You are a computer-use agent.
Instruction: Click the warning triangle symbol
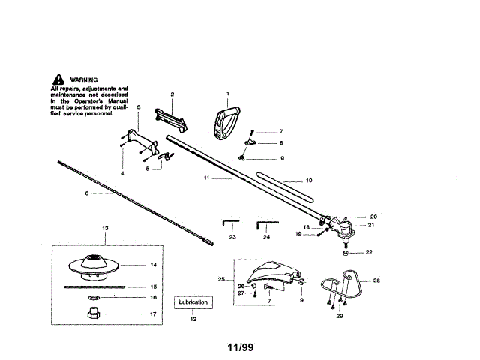coord(57,79)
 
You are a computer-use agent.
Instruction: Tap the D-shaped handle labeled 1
coord(226,121)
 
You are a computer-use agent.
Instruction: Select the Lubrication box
coord(193,302)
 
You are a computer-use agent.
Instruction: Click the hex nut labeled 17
coord(96,313)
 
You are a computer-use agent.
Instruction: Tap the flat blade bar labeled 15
coord(96,286)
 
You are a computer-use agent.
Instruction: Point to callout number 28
coord(377,280)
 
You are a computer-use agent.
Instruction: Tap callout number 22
coord(368,252)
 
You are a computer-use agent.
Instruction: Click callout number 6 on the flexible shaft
coord(87,193)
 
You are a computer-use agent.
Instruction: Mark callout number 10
coord(307,181)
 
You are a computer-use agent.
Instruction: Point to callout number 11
coord(206,179)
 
